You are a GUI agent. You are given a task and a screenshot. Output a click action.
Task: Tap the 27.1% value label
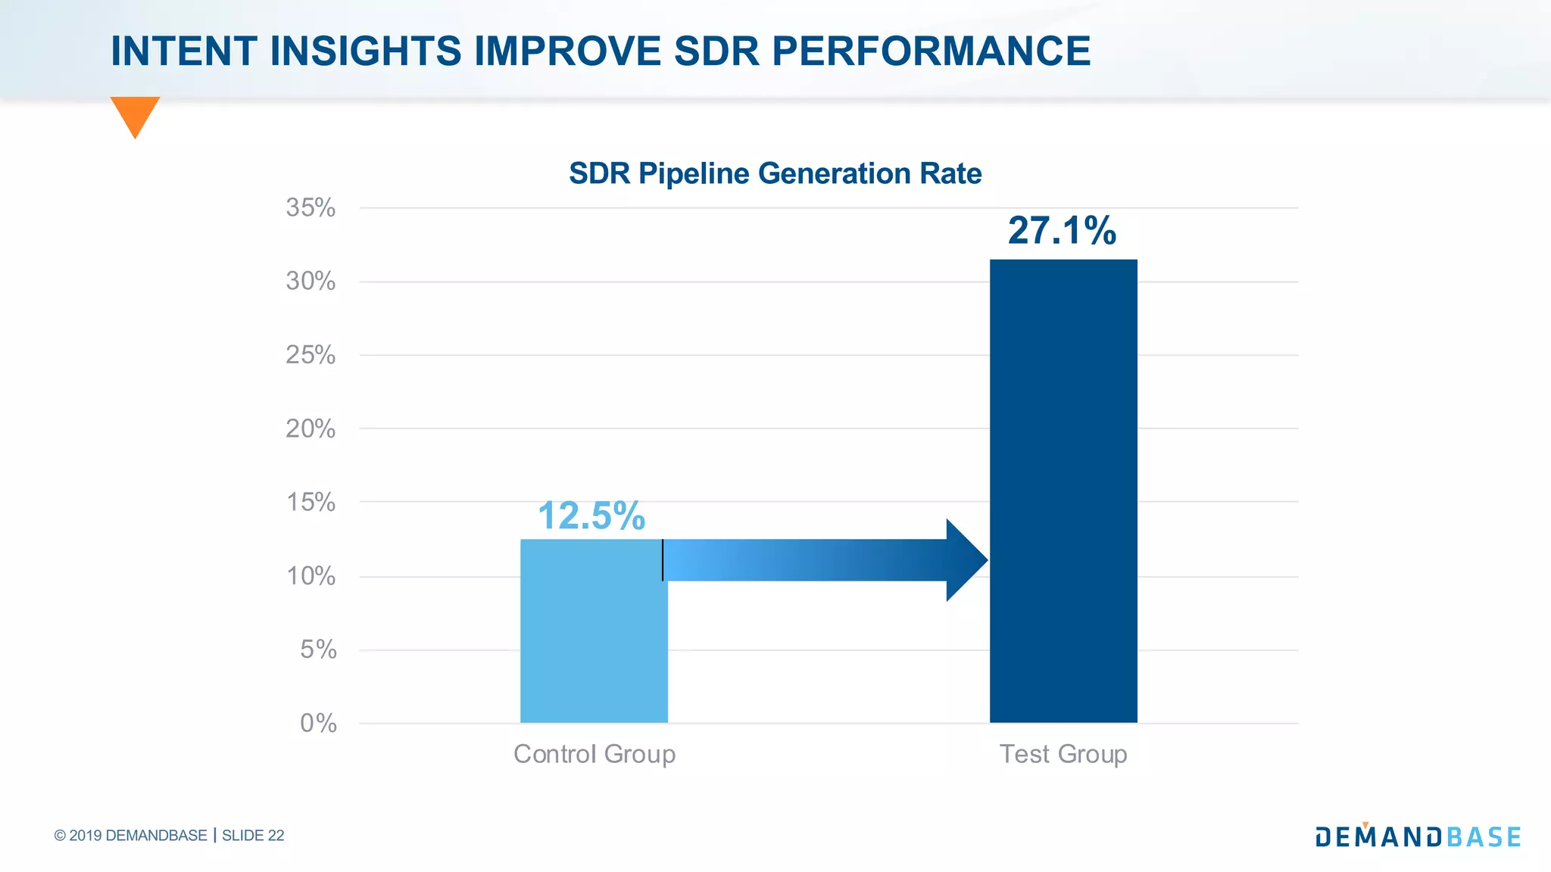click(1062, 231)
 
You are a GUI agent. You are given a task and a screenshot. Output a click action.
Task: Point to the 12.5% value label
click(591, 516)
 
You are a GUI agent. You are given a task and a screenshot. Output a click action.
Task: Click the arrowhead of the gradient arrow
click(966, 560)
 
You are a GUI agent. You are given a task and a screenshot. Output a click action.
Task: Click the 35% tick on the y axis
click(311, 207)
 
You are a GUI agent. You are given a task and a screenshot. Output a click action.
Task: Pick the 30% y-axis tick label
click(311, 282)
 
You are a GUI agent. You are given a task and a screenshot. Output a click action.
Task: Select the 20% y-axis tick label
click(311, 429)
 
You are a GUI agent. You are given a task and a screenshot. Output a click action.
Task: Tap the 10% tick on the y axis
click(311, 576)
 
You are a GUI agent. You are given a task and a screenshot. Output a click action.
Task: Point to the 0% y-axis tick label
click(318, 723)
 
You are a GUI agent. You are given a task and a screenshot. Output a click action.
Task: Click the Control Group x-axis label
click(594, 754)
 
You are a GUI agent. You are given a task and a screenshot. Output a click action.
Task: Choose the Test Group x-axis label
click(1063, 754)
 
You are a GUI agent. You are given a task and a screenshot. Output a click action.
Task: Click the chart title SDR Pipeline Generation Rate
click(775, 173)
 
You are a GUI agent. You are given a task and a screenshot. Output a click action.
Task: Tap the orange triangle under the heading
click(135, 114)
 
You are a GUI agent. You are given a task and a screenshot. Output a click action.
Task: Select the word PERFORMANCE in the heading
click(931, 51)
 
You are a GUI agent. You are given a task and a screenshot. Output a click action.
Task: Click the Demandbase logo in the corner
click(1418, 836)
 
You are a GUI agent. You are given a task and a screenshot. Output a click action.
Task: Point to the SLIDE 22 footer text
click(253, 836)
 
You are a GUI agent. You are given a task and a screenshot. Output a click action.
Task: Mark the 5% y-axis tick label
click(318, 649)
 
